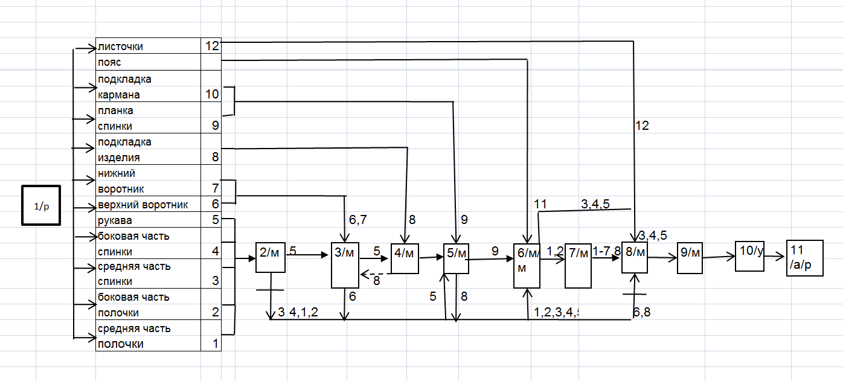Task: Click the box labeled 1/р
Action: tap(41, 205)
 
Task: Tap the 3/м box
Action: tap(345, 264)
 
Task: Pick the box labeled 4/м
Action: tap(405, 258)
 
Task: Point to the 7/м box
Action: tap(578, 266)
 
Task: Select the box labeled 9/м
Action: tap(690, 258)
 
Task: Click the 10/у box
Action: tap(750, 255)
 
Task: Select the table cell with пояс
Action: tap(148, 62)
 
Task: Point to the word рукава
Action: tap(115, 220)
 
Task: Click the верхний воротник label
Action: tap(143, 205)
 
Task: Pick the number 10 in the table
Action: tap(211, 95)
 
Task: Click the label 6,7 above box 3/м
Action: tap(357, 220)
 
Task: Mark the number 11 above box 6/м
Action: tap(540, 205)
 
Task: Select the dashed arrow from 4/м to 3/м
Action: tap(376, 275)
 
